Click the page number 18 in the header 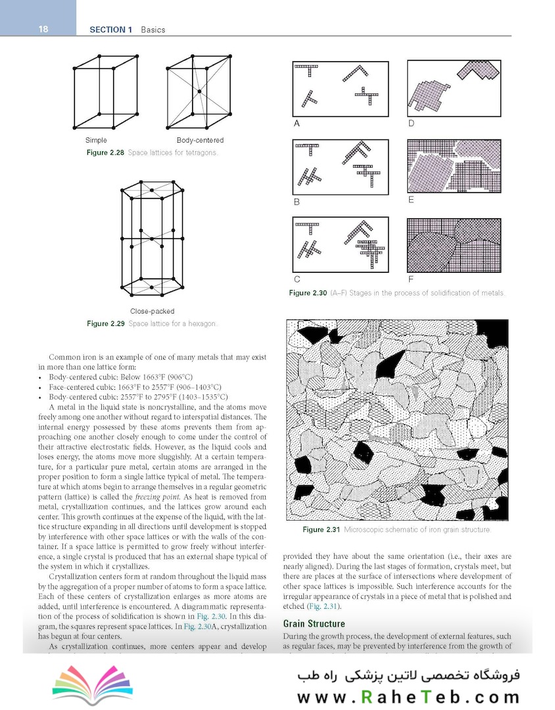(44, 29)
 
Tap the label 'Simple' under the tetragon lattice (96, 141)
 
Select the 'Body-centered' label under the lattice (200, 141)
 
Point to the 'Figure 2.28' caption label (105, 153)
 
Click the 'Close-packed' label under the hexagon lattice (152, 311)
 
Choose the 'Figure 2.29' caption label (106, 323)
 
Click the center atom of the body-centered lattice (197, 90)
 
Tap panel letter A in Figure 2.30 (297, 123)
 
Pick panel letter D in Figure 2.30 (411, 123)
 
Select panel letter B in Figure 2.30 (297, 202)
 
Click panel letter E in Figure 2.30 (411, 200)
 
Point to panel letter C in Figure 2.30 (297, 279)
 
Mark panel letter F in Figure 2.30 (411, 279)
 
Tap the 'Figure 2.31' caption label (322, 530)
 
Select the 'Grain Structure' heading (314, 624)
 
